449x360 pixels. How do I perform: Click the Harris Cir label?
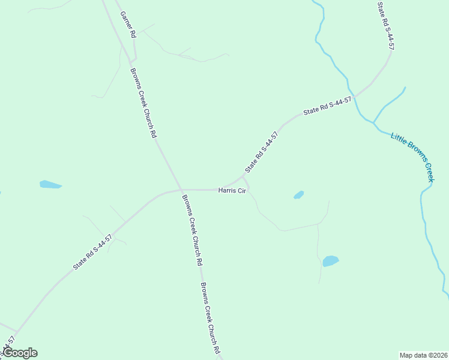232,190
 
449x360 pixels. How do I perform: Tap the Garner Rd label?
128,25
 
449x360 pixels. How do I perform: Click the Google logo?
20,353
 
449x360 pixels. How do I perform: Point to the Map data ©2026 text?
423,355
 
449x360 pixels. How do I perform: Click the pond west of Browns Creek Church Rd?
50,184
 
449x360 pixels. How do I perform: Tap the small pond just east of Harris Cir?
299,195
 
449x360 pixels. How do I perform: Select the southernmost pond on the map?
330,261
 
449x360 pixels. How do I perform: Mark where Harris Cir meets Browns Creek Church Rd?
181,190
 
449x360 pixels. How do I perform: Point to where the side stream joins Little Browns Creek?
373,122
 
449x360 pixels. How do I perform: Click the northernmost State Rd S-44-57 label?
385,25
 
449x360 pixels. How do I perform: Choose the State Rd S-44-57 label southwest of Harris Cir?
92,252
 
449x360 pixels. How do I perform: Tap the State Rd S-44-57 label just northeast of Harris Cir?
262,152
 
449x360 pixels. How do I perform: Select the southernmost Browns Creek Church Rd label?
211,317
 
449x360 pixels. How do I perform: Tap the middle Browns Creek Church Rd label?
191,230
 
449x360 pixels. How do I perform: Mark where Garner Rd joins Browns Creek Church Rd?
133,60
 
